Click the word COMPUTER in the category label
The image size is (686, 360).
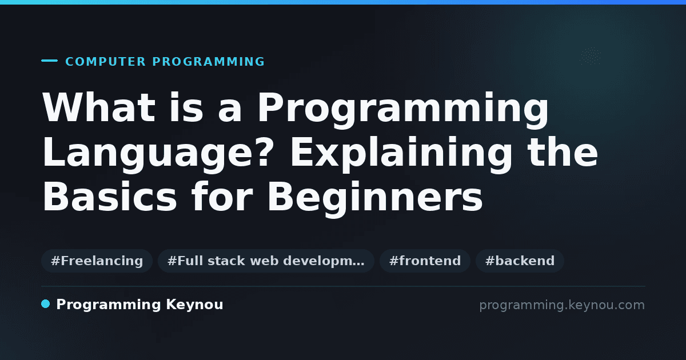pos(105,62)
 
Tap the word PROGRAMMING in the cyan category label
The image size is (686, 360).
pos(209,62)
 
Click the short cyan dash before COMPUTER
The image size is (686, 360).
pos(49,61)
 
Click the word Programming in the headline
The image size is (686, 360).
pos(402,110)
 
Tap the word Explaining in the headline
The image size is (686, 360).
pos(401,155)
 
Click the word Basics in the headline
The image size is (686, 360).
pos(109,196)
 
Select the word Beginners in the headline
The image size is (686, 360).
pos(376,199)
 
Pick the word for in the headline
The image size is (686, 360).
pos(222,196)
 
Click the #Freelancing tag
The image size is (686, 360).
pos(97,261)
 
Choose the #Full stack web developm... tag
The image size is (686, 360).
pos(266,261)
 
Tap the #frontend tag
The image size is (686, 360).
pos(425,261)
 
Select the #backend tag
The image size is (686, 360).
pos(520,261)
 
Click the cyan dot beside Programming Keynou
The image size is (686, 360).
pos(46,304)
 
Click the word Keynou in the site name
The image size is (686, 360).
pos(194,305)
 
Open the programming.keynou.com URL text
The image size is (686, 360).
pos(562,305)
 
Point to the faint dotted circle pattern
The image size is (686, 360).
pos(591,57)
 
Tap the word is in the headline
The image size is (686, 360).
pos(186,107)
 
